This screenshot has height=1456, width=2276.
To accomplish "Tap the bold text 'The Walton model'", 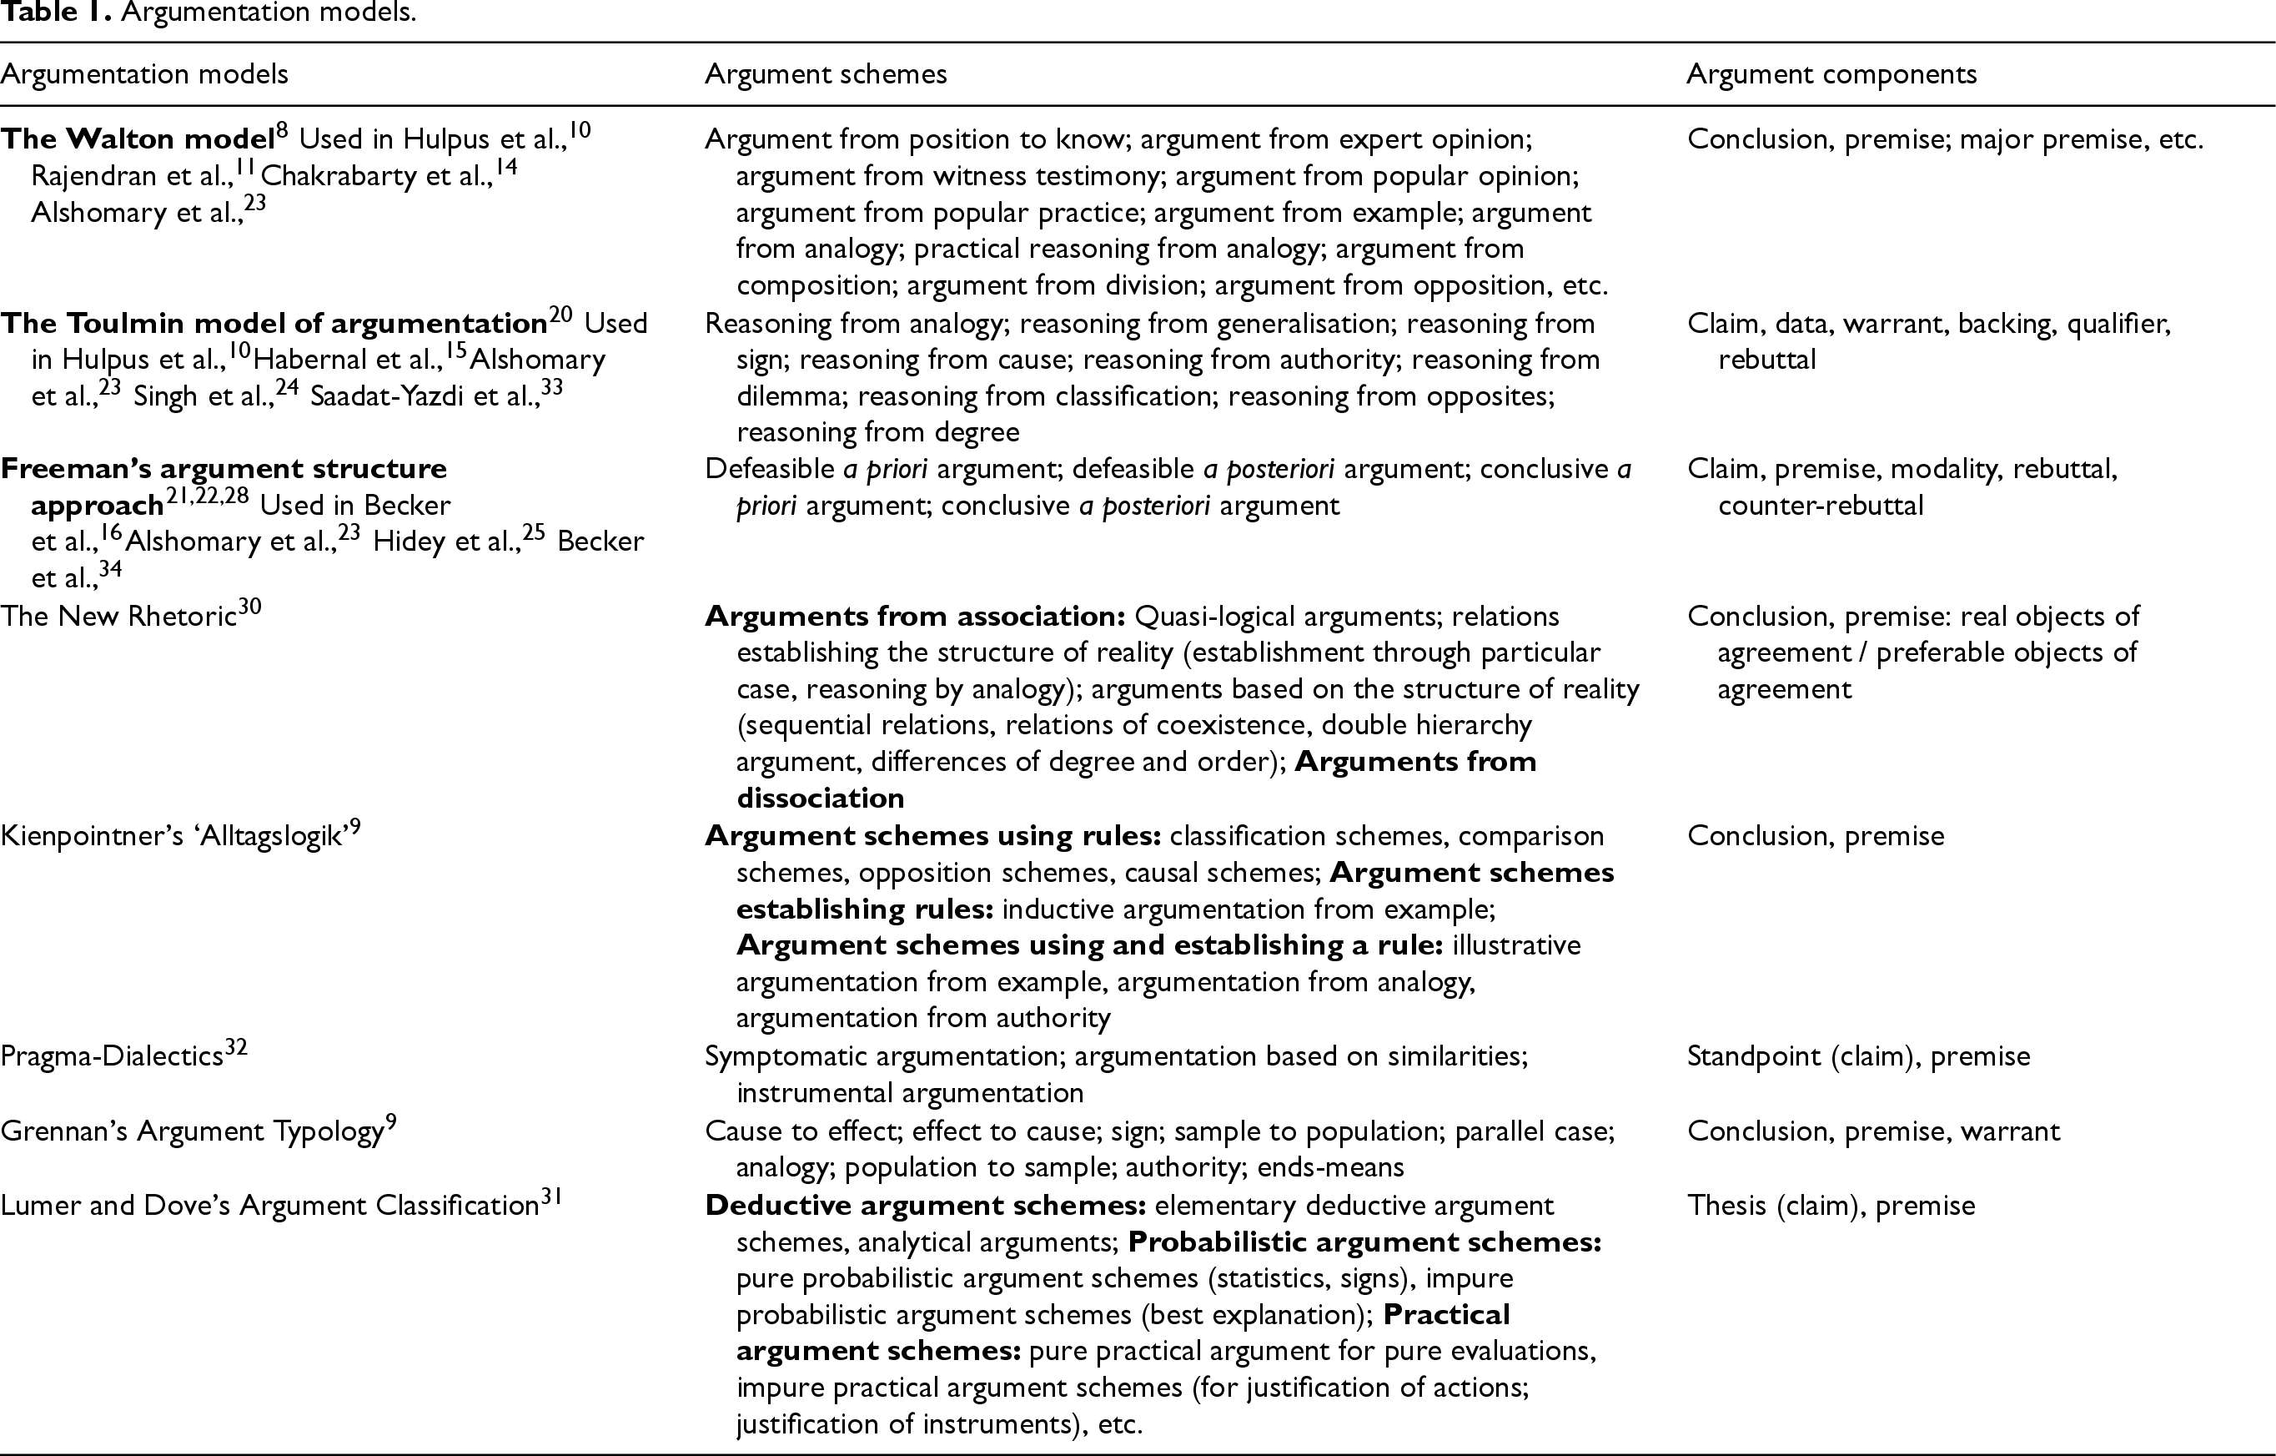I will coord(137,140).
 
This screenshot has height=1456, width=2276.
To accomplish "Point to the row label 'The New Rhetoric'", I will coord(118,617).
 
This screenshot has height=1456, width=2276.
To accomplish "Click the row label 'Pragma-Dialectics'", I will coord(112,1056).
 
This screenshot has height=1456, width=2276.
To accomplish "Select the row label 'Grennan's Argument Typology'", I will coord(192,1131).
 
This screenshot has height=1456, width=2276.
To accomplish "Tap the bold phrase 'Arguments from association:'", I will coord(914,617).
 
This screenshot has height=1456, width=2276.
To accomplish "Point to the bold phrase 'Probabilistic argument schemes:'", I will coord(1364,1242).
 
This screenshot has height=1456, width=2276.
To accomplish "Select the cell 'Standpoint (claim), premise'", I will coord(1858,1056).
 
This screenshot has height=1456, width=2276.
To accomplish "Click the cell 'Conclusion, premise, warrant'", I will coord(1873,1131).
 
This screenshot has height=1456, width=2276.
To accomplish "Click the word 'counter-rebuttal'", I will coord(1821,506).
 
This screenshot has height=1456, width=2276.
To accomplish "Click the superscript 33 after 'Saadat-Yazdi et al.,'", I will coord(551,388).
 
